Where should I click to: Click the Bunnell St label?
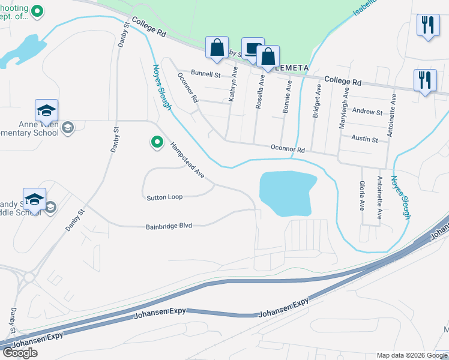tap(206, 74)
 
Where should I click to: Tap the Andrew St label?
tap(367, 112)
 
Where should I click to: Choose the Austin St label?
tap(365, 140)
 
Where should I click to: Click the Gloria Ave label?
tap(361, 196)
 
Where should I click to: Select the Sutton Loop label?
tap(164, 197)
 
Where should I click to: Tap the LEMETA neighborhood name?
tap(292, 68)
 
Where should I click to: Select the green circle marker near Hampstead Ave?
tap(157, 142)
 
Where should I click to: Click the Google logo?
tap(20, 353)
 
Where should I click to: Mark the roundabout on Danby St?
tap(28, 277)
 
